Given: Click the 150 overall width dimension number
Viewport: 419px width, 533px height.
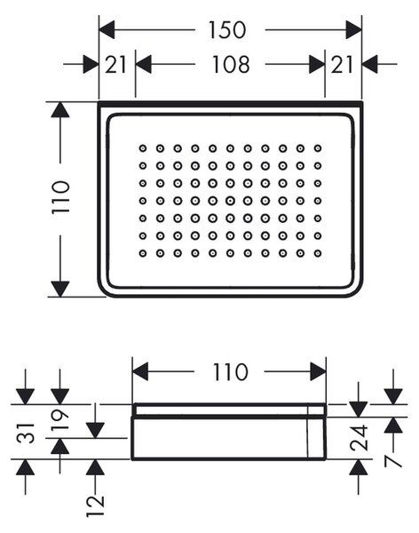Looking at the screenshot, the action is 226,30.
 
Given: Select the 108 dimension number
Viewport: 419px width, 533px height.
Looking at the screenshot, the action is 231,64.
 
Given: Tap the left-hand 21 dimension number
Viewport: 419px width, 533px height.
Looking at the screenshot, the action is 115,65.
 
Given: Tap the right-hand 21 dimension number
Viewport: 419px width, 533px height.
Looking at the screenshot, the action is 342,65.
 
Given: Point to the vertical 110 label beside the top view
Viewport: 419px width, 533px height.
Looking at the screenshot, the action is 61,197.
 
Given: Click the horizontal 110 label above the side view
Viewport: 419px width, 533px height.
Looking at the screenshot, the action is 230,371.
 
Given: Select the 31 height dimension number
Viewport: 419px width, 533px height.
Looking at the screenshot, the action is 27,434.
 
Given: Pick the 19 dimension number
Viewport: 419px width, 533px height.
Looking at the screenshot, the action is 60,419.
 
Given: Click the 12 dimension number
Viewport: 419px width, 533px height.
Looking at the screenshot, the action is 95,505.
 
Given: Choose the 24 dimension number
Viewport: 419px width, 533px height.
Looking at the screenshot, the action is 359,437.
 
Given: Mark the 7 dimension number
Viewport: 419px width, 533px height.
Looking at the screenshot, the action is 393,461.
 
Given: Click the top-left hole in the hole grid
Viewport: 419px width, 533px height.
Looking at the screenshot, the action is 143,148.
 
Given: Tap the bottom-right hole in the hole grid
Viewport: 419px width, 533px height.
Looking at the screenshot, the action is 318,253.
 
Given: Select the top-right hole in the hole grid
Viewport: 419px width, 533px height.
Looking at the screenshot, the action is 318,148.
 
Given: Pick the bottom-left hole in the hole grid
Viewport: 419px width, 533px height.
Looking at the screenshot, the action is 143,253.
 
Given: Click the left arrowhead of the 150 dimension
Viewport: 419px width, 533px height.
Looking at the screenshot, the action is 107,29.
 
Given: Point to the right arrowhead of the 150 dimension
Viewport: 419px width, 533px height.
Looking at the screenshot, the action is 353,29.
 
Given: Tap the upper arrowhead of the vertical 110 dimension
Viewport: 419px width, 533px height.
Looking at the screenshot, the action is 60,109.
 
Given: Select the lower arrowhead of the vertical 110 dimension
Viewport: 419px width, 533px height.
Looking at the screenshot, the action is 60,289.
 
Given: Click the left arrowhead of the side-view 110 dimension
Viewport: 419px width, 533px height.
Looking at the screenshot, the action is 140,371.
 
